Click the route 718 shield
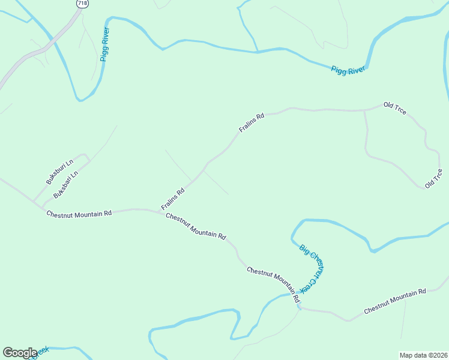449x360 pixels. point(81,4)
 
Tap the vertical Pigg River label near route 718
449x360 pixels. point(105,44)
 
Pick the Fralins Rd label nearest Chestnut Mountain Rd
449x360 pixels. point(172,199)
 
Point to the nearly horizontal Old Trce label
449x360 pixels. point(395,109)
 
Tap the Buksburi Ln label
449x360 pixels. point(59,171)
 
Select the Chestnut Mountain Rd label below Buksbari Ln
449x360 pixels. point(79,213)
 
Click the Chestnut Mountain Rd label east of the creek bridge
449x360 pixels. point(394,301)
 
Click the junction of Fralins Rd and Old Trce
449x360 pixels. point(364,110)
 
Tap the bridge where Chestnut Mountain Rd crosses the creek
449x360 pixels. point(298,305)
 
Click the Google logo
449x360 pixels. point(20,353)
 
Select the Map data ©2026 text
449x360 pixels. point(423,355)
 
